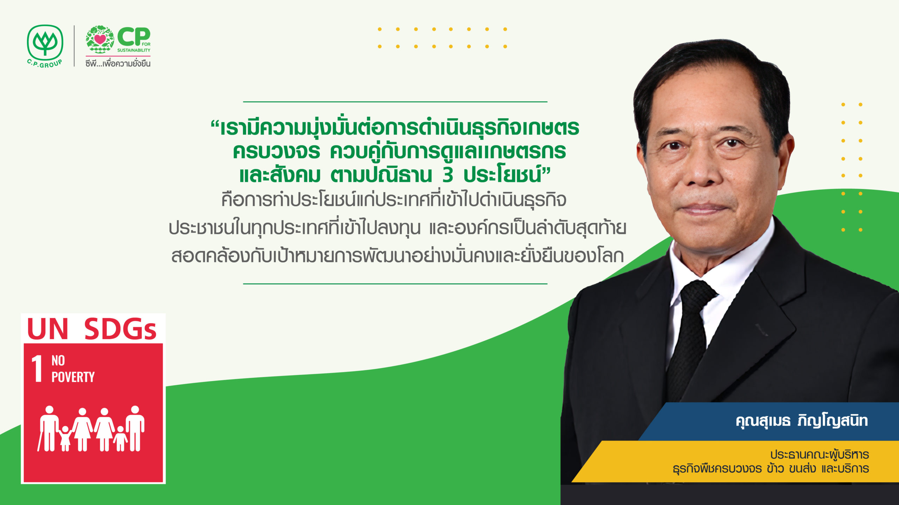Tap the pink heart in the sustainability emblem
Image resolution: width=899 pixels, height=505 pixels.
100,39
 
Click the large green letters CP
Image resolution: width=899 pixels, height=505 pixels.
134,37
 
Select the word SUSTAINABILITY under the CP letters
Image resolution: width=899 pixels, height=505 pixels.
134,50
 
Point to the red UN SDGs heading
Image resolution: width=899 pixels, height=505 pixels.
92,329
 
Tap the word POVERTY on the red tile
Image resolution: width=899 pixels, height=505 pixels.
73,377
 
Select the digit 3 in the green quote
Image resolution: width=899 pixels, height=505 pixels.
447,175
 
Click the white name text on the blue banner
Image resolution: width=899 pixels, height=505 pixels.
802,421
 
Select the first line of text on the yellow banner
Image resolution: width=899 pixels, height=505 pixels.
820,455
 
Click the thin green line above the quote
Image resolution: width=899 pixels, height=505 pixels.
395,102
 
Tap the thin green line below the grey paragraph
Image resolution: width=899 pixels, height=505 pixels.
395,284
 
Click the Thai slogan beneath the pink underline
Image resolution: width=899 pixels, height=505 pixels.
118,63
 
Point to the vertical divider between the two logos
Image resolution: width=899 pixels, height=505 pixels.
74,46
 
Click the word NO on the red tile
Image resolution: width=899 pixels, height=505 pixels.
58,361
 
